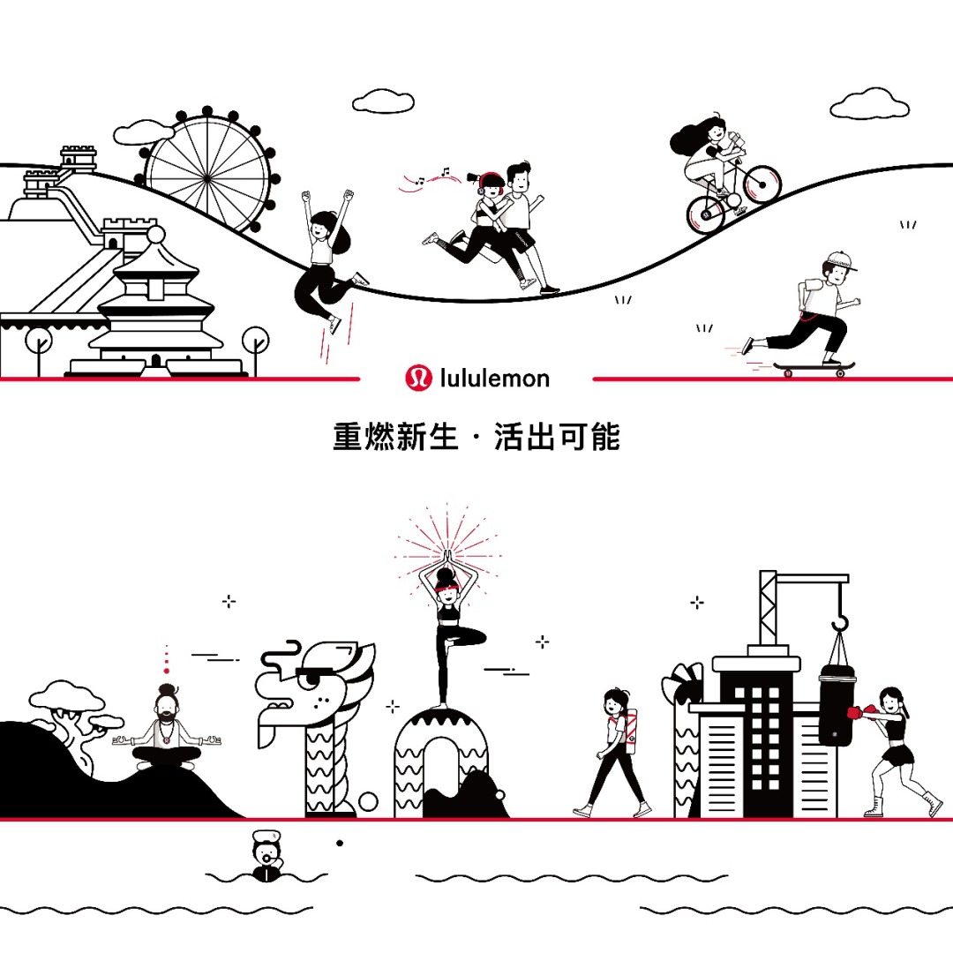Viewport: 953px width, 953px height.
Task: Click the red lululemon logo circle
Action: coord(417,379)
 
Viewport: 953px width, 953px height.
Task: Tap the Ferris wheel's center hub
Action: coord(206,177)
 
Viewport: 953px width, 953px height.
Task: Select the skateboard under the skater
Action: coord(813,366)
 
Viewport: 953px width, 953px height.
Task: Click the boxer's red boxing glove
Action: coord(855,712)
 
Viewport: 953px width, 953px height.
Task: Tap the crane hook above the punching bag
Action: coord(839,623)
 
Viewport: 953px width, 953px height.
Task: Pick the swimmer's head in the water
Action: coord(265,851)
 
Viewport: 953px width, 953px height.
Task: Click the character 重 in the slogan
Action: coord(349,437)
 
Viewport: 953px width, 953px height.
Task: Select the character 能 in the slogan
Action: coord(605,437)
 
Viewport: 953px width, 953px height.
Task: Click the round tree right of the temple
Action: coord(256,340)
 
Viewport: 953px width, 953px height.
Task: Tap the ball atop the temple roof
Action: coord(156,234)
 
